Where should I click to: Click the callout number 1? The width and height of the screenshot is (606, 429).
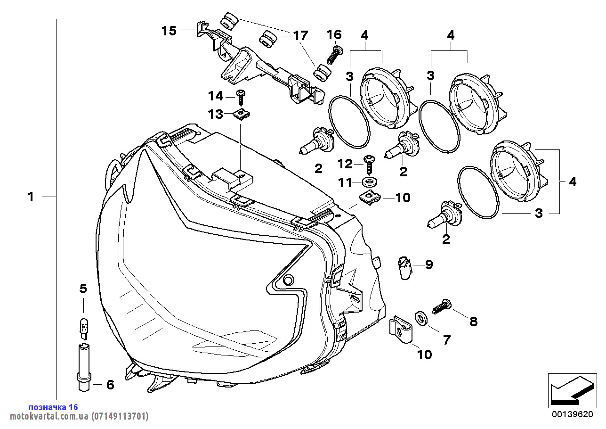pos(31,197)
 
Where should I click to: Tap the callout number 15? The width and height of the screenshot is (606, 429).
pos(169,31)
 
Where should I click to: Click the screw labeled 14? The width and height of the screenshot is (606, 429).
pos(241,98)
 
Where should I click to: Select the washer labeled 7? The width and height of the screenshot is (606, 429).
pos(422,319)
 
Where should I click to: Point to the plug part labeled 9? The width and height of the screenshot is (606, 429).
pos(404,267)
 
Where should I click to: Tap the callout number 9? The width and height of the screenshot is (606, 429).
pos(428,264)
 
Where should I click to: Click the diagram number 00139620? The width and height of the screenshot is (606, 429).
pos(572,414)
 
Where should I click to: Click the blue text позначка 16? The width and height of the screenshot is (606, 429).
pos(53,407)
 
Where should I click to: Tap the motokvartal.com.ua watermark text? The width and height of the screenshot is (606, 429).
pos(75,416)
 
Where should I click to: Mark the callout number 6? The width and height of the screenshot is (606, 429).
pos(110,385)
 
